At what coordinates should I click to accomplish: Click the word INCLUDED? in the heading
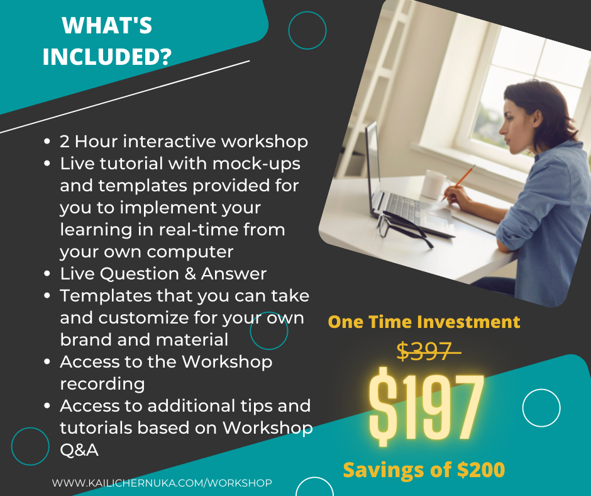107,57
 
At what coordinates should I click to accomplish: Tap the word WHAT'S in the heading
107,26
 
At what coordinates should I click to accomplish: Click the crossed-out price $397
425,351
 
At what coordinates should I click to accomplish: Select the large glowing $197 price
426,405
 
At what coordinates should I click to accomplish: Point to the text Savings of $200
424,470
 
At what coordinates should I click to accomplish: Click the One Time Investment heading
424,322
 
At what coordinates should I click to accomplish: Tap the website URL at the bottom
162,483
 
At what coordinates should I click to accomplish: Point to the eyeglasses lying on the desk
403,228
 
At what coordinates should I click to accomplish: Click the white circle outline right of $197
541,389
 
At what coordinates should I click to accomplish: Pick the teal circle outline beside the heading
307,12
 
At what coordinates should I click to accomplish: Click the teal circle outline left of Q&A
30,427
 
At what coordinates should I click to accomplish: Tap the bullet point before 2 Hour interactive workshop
47,142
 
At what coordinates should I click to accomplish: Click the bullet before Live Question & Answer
47,274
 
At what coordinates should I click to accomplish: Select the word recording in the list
102,384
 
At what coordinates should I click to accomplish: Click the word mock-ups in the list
257,164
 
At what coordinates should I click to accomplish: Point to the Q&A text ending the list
79,450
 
